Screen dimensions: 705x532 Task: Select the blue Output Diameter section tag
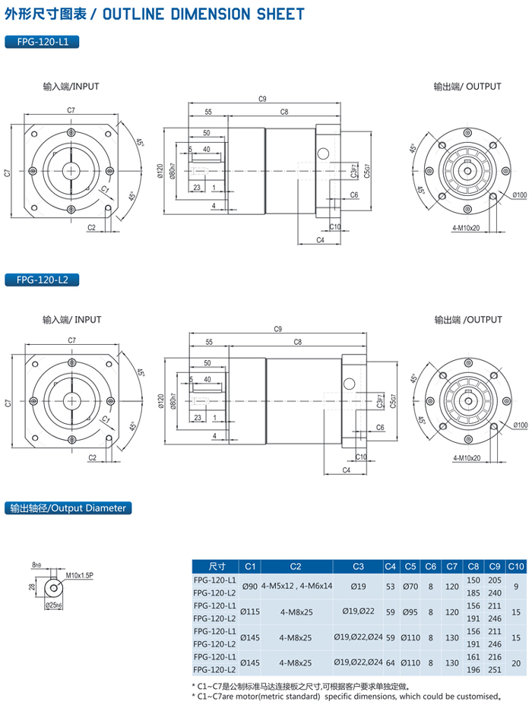68,507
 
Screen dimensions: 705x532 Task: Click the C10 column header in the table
515,566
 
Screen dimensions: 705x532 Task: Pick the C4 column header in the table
391,566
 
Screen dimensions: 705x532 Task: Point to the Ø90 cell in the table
249,586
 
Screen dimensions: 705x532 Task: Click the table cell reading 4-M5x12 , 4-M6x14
296,586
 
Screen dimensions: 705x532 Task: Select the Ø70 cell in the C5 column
410,586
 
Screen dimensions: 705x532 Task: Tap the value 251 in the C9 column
495,670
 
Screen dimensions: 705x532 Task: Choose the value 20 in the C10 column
515,663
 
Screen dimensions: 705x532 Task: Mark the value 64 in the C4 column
391,663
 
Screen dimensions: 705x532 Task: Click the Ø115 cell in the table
249,612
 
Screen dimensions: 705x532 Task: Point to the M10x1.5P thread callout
79,576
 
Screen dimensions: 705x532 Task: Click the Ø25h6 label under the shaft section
54,605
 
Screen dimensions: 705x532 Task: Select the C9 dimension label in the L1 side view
262,99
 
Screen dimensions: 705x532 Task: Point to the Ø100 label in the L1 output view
520,195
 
